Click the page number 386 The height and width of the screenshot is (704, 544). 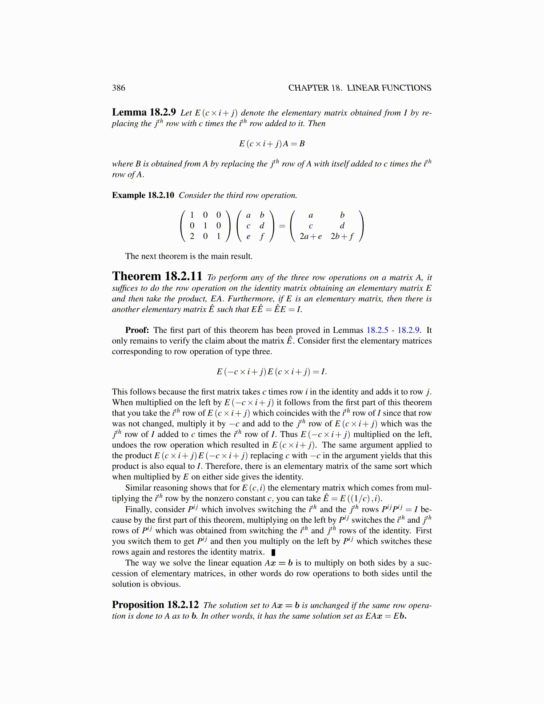pos(119,88)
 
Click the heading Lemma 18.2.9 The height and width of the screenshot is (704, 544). pos(144,112)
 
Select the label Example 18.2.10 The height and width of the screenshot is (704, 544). pos(143,196)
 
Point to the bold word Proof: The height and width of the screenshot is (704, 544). pos(137,330)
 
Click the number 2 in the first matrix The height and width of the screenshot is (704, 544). pos(192,236)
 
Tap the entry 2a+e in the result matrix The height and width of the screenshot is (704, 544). pos(311,236)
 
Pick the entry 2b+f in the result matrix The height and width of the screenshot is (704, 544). pos(342,236)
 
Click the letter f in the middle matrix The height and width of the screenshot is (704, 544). pos(262,236)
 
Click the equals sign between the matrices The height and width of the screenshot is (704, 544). pos(282,226)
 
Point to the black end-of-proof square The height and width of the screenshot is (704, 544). pos(273,552)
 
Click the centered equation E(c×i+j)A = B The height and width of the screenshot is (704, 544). pos(272,144)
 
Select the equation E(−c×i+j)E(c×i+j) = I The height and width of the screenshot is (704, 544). pos(272,372)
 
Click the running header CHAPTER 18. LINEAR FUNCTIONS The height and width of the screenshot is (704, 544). pos(360,88)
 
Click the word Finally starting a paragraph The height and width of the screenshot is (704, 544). pos(139,509)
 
